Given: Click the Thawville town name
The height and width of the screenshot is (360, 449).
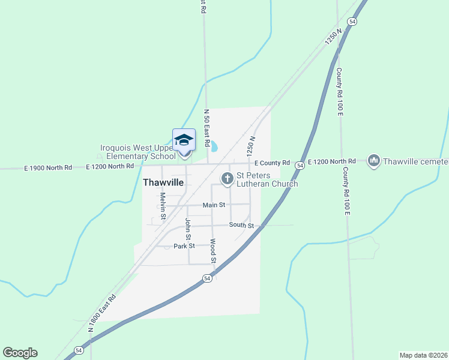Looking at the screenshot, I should point(163,182).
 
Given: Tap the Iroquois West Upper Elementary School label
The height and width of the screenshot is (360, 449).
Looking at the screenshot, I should point(138,152).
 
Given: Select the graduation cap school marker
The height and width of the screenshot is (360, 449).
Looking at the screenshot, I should point(184,140).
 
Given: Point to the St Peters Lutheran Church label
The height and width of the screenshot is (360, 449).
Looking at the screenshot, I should point(267,180).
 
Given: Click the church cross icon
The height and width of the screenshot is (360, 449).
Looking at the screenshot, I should point(228,178).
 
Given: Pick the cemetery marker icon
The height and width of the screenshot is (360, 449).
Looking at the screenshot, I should point(374,161).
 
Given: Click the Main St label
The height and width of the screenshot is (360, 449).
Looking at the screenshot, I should point(214,205).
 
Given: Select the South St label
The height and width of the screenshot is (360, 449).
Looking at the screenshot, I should point(241,225).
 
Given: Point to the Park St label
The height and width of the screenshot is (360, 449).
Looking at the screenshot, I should point(184,246).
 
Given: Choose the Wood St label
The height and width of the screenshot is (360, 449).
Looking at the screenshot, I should point(212,251).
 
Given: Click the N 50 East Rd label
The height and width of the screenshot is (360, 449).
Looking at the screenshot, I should point(206,128).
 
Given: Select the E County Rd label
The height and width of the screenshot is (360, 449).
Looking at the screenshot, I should point(271,163).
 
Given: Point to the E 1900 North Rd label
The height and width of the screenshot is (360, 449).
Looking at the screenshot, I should point(48,167).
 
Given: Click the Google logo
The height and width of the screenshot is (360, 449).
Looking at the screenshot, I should point(20,353).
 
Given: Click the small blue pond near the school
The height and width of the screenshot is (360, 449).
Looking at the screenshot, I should point(213,146).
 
